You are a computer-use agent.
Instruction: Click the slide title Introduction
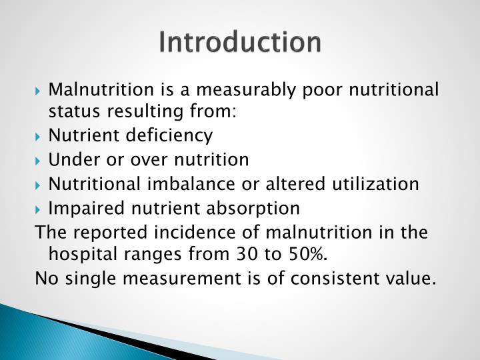(240, 42)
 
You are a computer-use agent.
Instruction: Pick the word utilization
(379, 184)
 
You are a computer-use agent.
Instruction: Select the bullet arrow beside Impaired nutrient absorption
(41, 209)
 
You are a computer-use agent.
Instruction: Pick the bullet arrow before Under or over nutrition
(41, 161)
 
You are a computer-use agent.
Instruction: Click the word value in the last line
(412, 278)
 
